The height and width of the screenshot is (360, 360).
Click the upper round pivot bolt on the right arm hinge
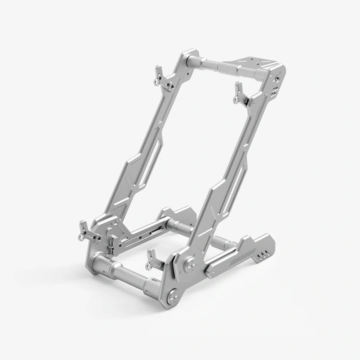pyautogui.click(x=189, y=265)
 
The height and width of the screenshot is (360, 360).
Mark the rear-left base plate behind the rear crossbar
pyautogui.click(x=180, y=214)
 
